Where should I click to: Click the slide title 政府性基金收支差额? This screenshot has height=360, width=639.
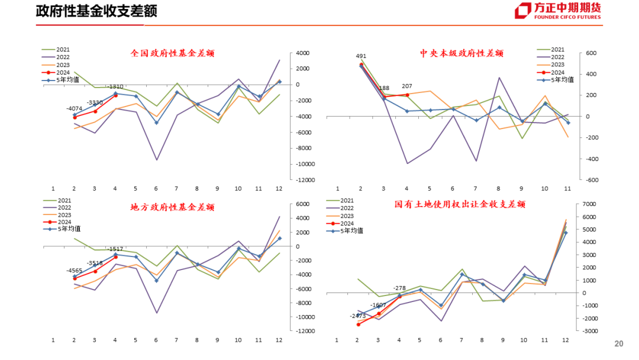96,11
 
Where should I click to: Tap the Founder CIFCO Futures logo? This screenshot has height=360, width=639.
557,11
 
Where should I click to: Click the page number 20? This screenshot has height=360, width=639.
619,344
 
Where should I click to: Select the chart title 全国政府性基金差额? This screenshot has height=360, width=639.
172,53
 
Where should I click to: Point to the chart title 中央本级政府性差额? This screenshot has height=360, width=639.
461,53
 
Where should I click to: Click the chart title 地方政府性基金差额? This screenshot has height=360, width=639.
172,207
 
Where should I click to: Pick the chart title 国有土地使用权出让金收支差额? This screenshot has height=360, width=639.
460,204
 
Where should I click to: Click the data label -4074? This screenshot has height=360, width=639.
75,109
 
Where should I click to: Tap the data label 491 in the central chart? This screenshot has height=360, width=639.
361,56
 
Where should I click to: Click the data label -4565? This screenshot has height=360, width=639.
75,271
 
